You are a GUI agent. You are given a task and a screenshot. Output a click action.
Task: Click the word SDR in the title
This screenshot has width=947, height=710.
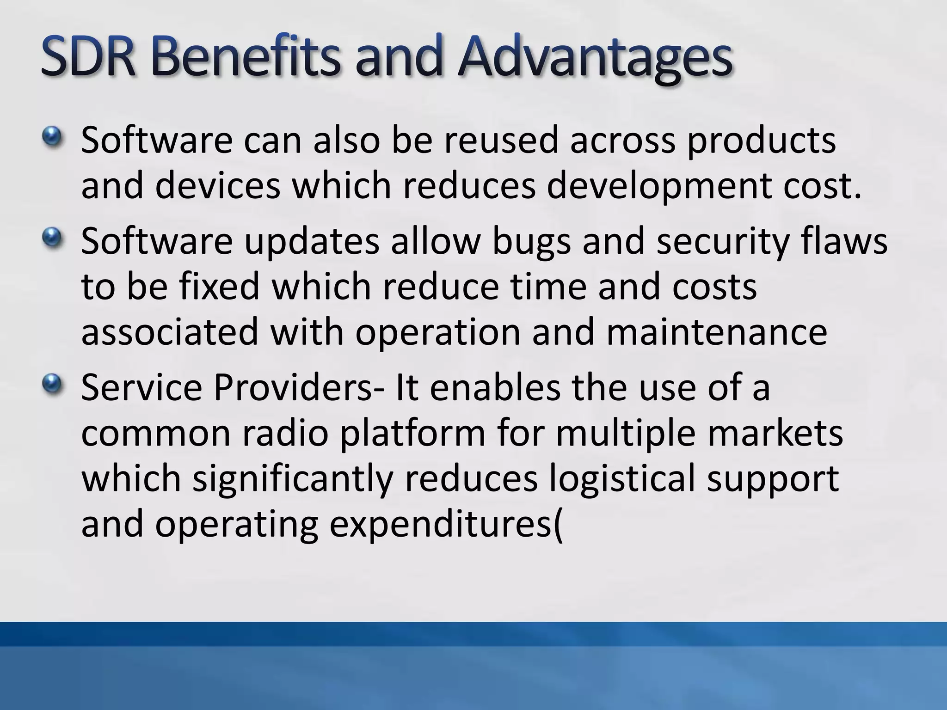[x=88, y=57]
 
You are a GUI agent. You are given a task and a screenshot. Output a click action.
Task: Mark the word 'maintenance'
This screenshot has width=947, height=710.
[x=716, y=332]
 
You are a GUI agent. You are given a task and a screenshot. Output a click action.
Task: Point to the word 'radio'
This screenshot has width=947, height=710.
[x=285, y=433]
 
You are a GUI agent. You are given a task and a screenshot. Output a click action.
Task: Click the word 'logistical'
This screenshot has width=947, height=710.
[x=622, y=479]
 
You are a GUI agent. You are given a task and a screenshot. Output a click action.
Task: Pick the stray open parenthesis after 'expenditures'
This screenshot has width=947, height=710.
[x=559, y=525]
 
